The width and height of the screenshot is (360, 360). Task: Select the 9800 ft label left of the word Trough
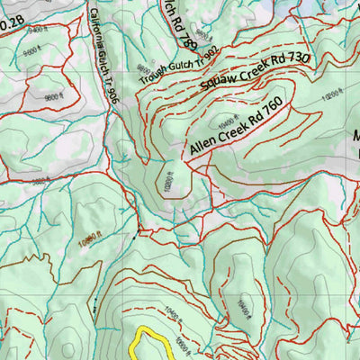(141, 71)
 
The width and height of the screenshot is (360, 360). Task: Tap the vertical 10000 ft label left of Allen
(167, 181)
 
